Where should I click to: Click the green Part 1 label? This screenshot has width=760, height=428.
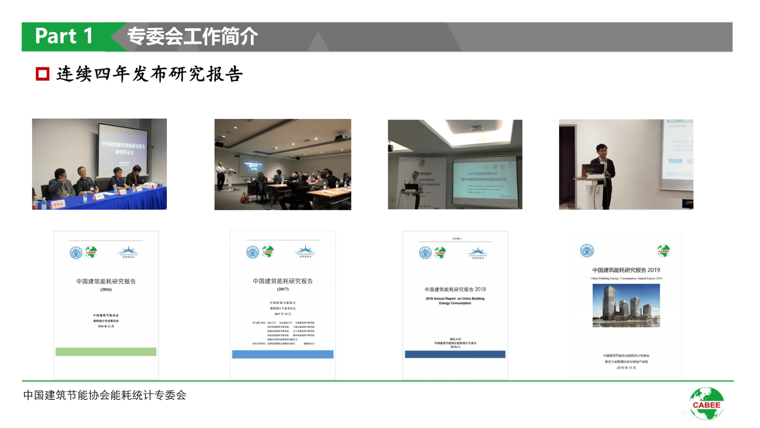(x=64, y=36)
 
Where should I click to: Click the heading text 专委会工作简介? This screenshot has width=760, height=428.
(x=192, y=36)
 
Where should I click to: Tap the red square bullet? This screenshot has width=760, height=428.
(x=42, y=74)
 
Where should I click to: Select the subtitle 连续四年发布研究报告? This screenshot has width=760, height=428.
(x=149, y=74)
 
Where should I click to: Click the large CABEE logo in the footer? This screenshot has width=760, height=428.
(x=707, y=404)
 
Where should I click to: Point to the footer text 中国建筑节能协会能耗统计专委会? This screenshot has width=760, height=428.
(x=105, y=395)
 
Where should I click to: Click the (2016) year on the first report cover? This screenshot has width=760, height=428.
(x=106, y=290)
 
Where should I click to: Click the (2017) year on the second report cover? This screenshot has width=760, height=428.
(x=283, y=289)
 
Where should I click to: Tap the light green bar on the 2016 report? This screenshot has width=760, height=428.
(x=106, y=352)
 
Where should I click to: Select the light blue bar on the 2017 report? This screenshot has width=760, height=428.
(x=283, y=354)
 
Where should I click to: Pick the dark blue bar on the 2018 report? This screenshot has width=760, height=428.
(x=455, y=354)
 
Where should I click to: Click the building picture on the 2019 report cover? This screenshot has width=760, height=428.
(x=626, y=305)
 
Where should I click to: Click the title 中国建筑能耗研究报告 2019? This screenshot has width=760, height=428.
(x=626, y=270)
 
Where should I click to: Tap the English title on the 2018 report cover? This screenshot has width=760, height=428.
(x=455, y=301)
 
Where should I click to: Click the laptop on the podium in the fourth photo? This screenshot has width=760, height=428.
(x=593, y=170)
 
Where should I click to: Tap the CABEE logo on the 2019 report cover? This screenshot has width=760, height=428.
(x=663, y=251)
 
